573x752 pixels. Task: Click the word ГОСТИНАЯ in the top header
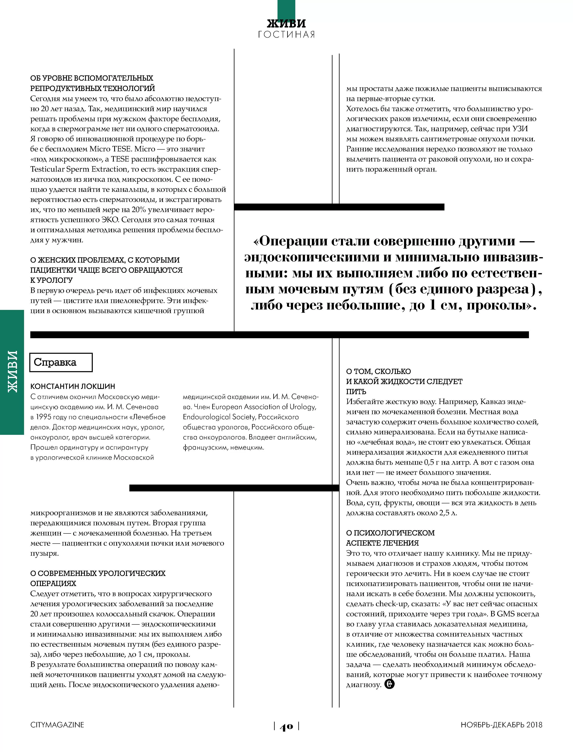click(286, 34)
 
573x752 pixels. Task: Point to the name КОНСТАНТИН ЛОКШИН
click(73, 386)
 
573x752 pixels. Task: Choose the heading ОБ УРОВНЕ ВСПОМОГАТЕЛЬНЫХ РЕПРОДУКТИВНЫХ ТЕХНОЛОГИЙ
click(92, 83)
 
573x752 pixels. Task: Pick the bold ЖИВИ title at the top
click(286, 23)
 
